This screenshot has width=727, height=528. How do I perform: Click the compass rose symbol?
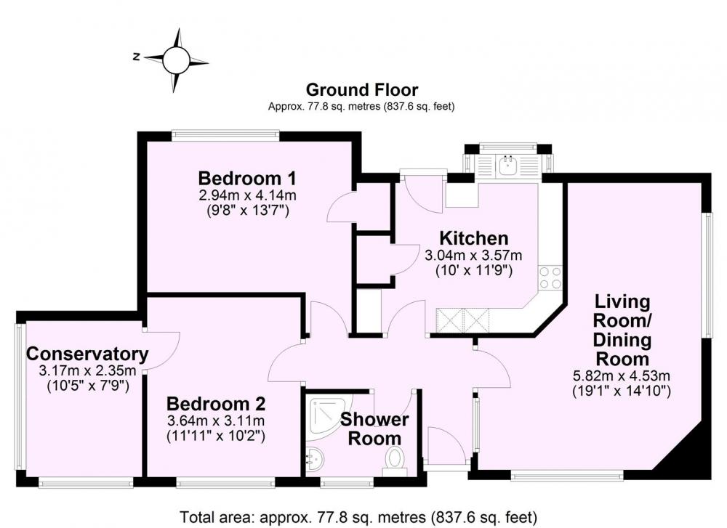click(x=176, y=60)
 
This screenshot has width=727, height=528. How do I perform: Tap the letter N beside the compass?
click(x=137, y=57)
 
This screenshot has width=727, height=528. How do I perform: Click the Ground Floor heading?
click(x=362, y=89)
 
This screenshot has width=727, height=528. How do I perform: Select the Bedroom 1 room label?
click(x=247, y=178)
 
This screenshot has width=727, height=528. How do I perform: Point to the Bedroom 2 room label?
click(x=216, y=404)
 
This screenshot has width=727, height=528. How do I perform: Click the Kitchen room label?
click(x=474, y=238)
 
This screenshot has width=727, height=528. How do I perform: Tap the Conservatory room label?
click(x=88, y=354)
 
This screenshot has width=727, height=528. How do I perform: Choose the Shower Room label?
click(x=374, y=429)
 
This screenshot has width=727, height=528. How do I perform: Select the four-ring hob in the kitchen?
click(x=550, y=277)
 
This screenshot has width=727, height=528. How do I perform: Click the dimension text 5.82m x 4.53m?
click(x=622, y=375)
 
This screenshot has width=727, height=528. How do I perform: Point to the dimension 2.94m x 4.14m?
click(x=248, y=195)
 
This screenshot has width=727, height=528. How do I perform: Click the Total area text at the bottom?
click(x=358, y=516)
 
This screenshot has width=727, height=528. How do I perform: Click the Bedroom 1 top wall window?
click(x=225, y=135)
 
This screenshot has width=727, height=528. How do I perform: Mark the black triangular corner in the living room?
click(x=691, y=456)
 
